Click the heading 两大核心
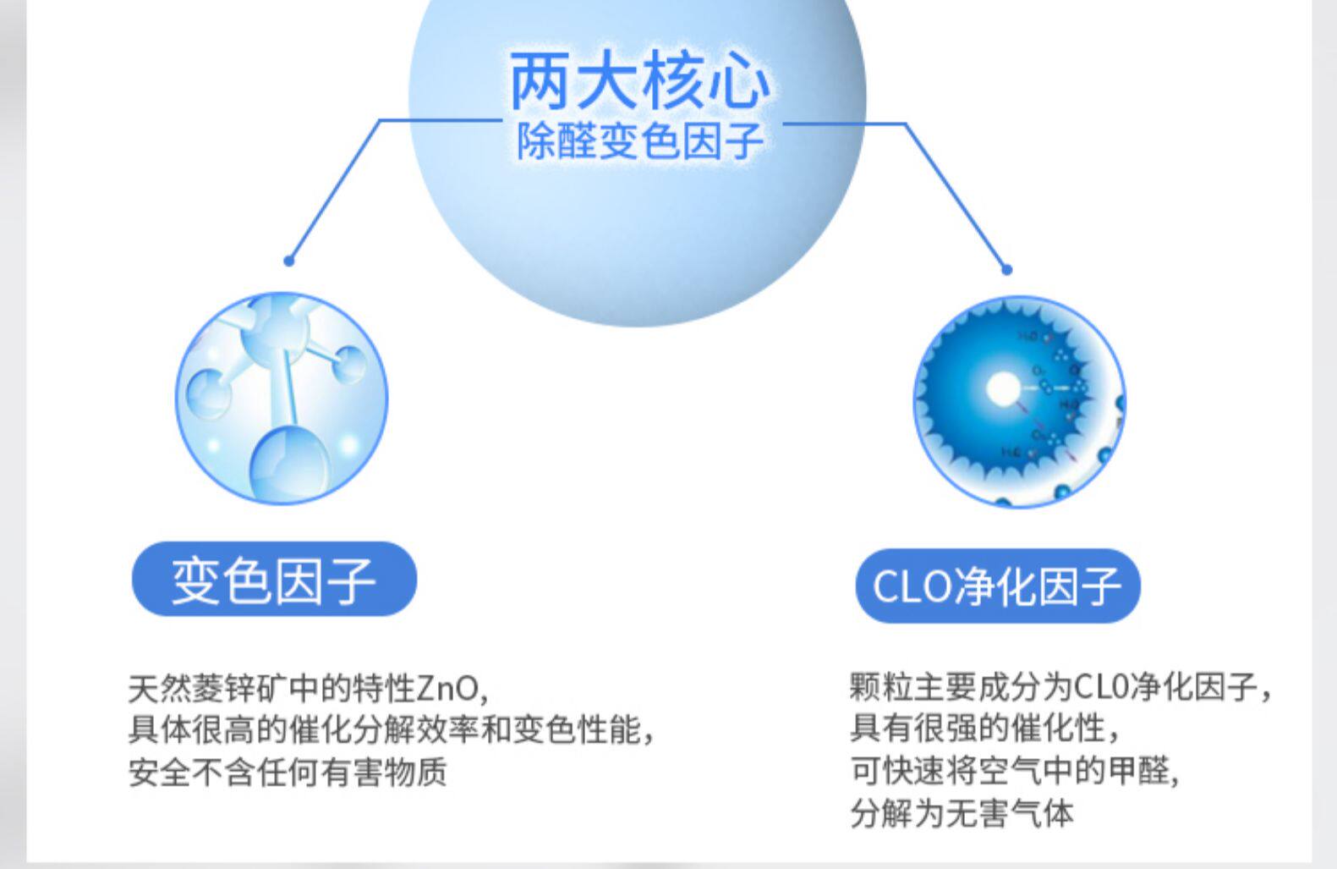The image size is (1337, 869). [639, 82]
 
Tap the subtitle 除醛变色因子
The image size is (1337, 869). [640, 140]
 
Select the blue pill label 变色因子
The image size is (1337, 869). [274, 580]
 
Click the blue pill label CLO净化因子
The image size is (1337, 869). [997, 586]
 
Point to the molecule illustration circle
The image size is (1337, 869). [282, 398]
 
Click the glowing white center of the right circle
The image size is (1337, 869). [1003, 389]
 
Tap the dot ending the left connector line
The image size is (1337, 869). [289, 261]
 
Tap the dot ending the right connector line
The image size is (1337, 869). [1006, 270]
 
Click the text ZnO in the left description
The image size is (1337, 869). [448, 689]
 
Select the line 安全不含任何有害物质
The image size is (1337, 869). [288, 772]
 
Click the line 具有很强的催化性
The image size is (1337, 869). [984, 728]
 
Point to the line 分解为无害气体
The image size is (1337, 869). [962, 813]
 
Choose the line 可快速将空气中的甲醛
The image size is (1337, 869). [1013, 770]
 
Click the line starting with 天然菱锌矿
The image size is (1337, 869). [309, 689]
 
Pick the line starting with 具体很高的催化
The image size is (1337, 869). [391, 729]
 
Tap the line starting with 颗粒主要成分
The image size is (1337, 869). [1060, 686]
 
